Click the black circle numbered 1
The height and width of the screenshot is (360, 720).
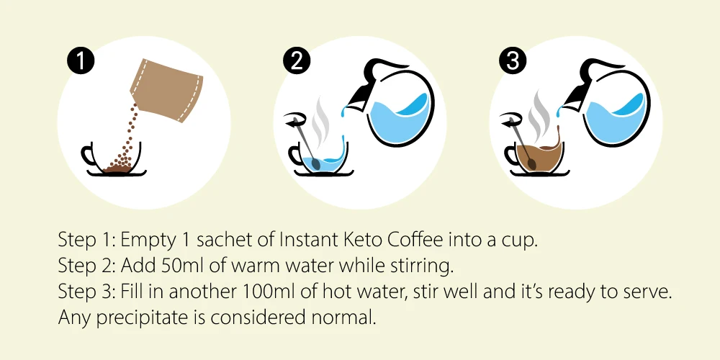(x=81, y=62)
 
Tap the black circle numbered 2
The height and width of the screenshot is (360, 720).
(x=297, y=62)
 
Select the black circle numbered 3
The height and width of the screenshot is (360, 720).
(x=513, y=62)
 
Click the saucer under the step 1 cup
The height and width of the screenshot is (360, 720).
(x=117, y=173)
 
